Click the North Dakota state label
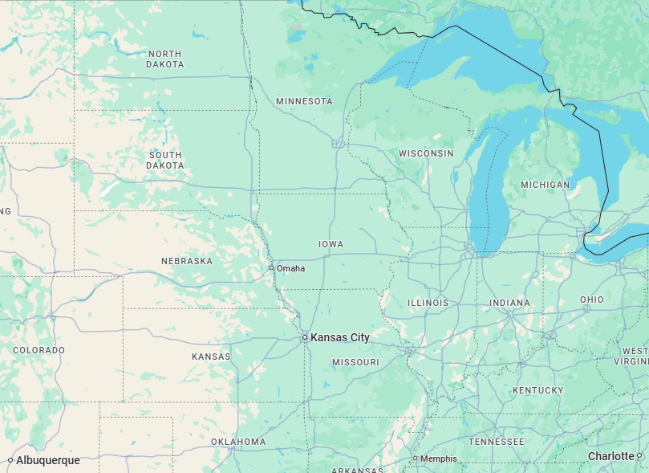pyautogui.click(x=164, y=59)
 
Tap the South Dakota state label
pyautogui.click(x=164, y=160)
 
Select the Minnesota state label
pyautogui.click(x=304, y=101)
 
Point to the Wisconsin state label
pyautogui.click(x=426, y=153)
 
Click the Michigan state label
pyautogui.click(x=545, y=185)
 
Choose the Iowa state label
pyautogui.click(x=331, y=244)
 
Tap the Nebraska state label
pyautogui.click(x=187, y=261)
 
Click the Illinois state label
pyautogui.click(x=428, y=303)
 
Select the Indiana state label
pyautogui.click(x=509, y=303)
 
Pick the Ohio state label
pyautogui.click(x=592, y=300)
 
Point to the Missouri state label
pyautogui.click(x=355, y=362)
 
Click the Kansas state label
pyautogui.click(x=211, y=357)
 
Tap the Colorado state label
pyautogui.click(x=39, y=350)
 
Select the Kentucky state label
pyautogui.click(x=537, y=390)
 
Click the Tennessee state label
pyautogui.click(x=496, y=442)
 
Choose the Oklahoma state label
pyautogui.click(x=238, y=442)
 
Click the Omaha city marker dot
pyautogui.click(x=271, y=267)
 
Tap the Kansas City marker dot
pyautogui.click(x=305, y=338)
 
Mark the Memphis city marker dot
pyautogui.click(x=415, y=459)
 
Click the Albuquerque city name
pyautogui.click(x=47, y=460)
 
